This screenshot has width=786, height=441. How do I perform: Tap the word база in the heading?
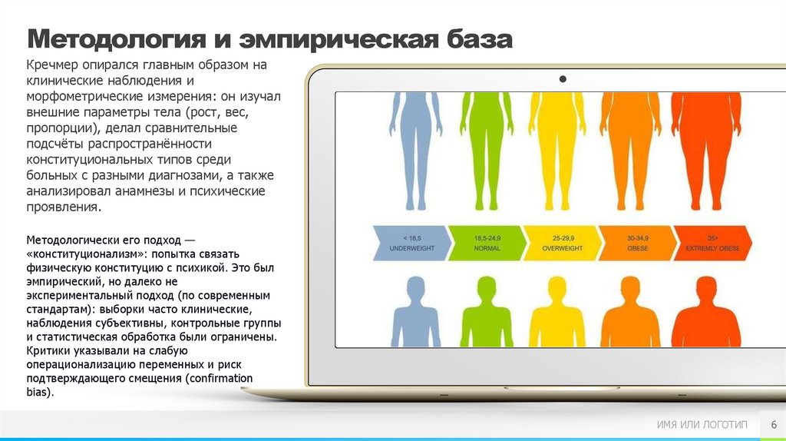click(x=474, y=38)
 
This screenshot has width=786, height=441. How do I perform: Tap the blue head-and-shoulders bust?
click(x=415, y=315)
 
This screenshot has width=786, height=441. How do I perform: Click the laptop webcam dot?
click(x=563, y=79)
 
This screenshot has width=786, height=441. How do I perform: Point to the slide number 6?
click(x=772, y=425)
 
